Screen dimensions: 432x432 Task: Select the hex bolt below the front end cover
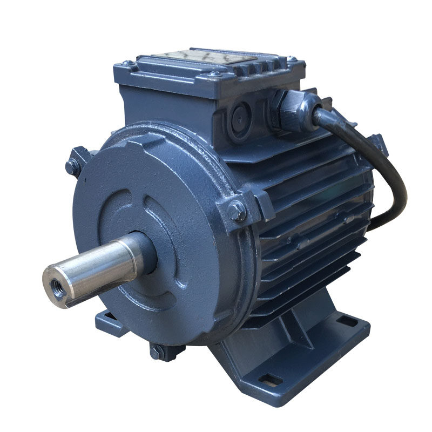[x=157, y=352]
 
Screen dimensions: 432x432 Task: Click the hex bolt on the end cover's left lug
[x=72, y=166]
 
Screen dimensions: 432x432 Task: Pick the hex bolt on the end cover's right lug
[x=237, y=210]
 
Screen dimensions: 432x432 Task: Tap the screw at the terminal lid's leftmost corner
[x=128, y=64]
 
